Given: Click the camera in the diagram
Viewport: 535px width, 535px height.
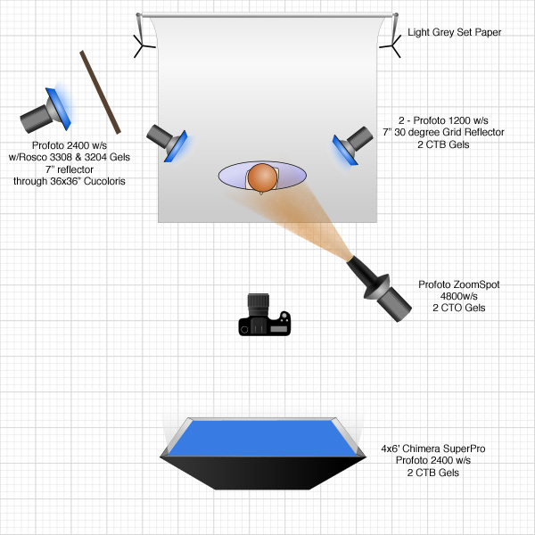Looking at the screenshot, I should click(x=265, y=318).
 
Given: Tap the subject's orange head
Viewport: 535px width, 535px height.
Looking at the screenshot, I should click(x=262, y=177).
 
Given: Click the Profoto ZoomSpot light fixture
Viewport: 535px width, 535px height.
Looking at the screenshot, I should click(x=379, y=285).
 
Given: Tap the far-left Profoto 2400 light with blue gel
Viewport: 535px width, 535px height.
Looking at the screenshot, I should click(x=49, y=108).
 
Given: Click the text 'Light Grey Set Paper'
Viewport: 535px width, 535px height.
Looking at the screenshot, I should click(x=454, y=33).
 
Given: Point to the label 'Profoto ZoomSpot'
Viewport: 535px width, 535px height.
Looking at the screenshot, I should click(x=458, y=285).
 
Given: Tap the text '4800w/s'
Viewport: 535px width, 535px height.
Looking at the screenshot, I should click(x=458, y=297).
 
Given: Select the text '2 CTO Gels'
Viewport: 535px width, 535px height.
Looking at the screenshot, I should click(x=458, y=309).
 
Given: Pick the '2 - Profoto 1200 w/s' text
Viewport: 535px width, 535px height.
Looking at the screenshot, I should click(x=444, y=120).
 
